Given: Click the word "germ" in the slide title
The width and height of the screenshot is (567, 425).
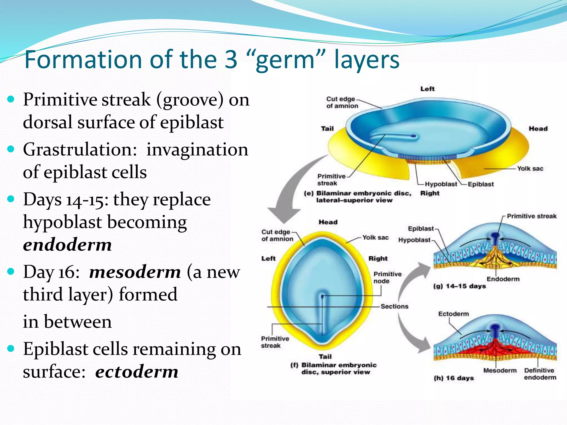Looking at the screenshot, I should [x=285, y=60].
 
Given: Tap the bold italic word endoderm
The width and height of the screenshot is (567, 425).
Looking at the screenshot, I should [x=67, y=245].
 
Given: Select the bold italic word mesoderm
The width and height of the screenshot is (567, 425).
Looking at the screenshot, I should [x=135, y=272].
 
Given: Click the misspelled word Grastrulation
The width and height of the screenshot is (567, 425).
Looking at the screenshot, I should [x=80, y=150].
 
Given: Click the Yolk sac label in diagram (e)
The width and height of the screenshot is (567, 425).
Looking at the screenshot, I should [x=530, y=169].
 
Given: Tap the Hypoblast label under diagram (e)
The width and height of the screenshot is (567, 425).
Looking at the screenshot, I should [x=441, y=184].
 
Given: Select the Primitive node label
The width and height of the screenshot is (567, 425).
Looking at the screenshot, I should [x=387, y=277].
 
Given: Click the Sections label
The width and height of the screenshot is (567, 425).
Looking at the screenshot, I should [x=394, y=306].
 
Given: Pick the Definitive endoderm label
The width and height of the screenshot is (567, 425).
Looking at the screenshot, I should [x=540, y=374].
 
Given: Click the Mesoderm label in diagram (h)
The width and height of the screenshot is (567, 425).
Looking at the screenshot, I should [x=500, y=370].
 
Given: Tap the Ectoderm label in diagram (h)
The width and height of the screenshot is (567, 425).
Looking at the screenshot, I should [x=453, y=314].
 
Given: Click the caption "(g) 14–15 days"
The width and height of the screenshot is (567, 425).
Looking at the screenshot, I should [x=459, y=286].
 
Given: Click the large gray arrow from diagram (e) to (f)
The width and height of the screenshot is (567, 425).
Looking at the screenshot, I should [x=291, y=194].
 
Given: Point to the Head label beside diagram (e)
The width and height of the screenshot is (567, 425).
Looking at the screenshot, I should [x=538, y=129].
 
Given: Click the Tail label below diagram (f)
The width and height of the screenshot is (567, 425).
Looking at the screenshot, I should [x=325, y=356].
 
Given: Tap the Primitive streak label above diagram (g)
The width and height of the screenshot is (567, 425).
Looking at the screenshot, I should [x=531, y=216].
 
